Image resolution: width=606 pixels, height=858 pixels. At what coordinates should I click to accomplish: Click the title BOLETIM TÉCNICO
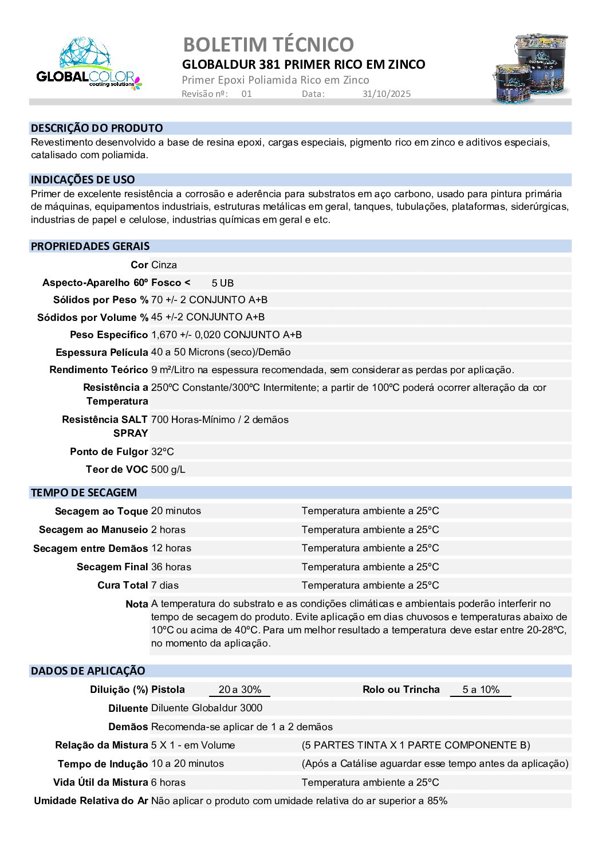268,44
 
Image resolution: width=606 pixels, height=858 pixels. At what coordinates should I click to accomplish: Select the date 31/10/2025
387,94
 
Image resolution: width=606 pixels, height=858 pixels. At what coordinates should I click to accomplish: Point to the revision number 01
246,94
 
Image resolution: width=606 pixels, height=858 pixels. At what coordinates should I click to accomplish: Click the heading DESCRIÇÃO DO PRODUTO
97,128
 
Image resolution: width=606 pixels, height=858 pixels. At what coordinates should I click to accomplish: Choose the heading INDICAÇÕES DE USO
83,179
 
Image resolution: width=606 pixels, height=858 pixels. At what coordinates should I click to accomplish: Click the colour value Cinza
164,265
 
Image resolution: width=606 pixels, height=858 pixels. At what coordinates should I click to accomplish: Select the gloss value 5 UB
223,283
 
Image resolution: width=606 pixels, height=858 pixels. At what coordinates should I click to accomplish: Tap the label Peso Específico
109,335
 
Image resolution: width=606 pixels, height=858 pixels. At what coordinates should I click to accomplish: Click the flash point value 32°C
163,452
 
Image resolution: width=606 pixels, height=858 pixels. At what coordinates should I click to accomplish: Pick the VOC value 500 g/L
168,469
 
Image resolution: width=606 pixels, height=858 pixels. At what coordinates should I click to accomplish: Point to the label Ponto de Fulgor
109,452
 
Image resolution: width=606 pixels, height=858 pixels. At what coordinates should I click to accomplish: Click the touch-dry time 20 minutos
176,511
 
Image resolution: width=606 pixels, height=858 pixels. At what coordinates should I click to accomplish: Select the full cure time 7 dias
165,585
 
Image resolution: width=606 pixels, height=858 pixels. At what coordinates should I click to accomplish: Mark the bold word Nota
137,604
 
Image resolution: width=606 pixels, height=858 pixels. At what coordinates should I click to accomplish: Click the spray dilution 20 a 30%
240,689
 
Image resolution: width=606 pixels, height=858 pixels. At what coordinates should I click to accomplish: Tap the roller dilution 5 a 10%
481,689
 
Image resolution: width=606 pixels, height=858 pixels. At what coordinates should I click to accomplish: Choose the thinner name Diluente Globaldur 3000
207,708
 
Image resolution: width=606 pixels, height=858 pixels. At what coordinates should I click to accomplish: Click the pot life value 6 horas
168,782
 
